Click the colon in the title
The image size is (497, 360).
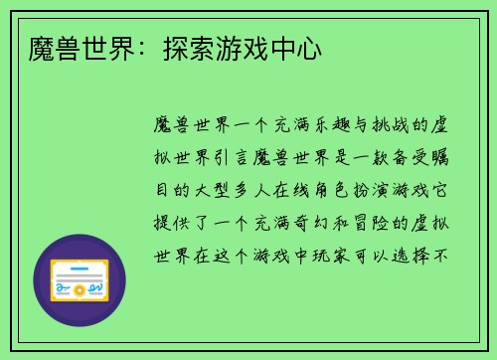tap(127, 48)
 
